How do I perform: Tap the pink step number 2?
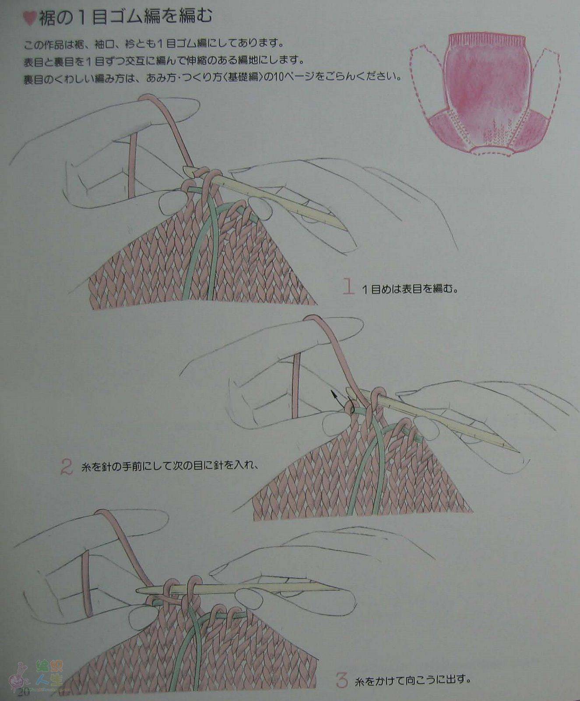[x=66, y=467]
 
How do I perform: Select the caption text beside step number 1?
[x=410, y=289]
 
